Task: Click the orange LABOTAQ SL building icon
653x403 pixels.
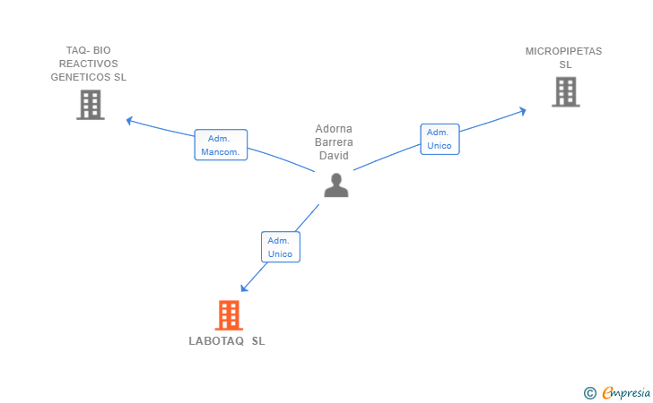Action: (x=229, y=315)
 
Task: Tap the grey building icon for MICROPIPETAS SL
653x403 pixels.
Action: (x=565, y=92)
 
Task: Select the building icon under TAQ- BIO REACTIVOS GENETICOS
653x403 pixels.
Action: (x=91, y=105)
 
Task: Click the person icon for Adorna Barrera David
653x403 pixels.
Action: (x=336, y=185)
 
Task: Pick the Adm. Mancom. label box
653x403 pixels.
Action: (x=221, y=145)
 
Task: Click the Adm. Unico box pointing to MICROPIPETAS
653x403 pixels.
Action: (x=440, y=139)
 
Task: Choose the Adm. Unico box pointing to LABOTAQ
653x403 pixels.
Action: (x=281, y=247)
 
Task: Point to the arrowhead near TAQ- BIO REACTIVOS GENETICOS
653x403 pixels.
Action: (x=129, y=121)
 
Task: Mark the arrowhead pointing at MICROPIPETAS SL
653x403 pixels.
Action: (x=523, y=111)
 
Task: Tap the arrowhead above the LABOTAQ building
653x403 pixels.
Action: (x=244, y=288)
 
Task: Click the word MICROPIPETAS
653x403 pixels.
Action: (x=563, y=51)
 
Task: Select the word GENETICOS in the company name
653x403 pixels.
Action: (x=81, y=77)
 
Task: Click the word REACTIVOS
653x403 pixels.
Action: (x=88, y=64)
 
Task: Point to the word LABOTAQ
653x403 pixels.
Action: (x=216, y=341)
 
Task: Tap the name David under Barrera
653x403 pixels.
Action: (x=334, y=156)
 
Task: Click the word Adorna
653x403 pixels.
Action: (x=334, y=128)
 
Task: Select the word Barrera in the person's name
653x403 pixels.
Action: (x=334, y=142)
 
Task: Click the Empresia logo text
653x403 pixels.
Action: (x=626, y=392)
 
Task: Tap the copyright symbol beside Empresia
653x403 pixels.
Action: (x=589, y=393)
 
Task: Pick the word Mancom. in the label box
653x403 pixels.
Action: (x=221, y=152)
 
